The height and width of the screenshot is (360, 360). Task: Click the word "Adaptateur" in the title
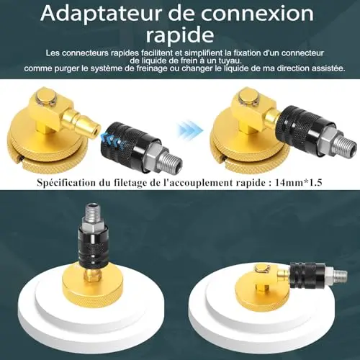pyautogui.click(x=101, y=14)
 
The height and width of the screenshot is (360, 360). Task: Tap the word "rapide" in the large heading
pyautogui.click(x=180, y=35)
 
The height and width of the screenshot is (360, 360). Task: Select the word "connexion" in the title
pyautogui.click(x=257, y=13)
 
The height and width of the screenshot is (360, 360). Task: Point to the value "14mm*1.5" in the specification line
pyautogui.click(x=298, y=183)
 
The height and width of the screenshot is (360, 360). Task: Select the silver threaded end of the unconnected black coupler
pyautogui.click(x=168, y=162)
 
